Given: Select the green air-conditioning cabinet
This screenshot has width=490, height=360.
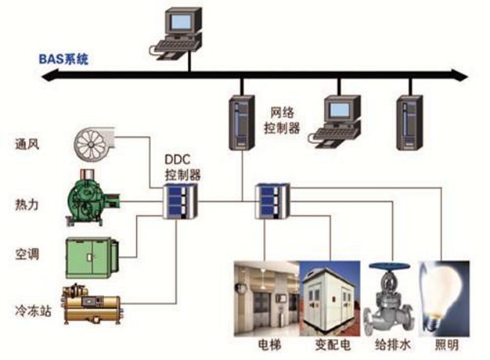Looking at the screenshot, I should (x=93, y=254).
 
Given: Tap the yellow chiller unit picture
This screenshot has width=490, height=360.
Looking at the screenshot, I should (x=93, y=304).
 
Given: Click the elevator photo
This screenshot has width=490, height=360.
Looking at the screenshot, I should (x=267, y=298).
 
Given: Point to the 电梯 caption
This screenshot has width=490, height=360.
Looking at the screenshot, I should (x=267, y=344).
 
